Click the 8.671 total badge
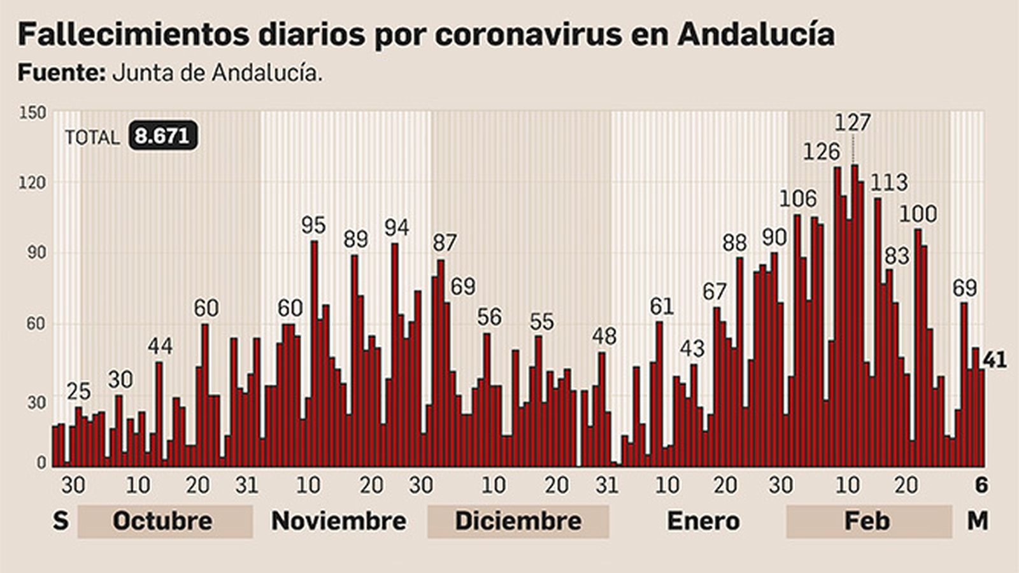pyautogui.click(x=162, y=136)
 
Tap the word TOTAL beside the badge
pyautogui.click(x=92, y=138)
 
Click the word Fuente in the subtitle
pyautogui.click(x=61, y=73)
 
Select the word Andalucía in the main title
pyautogui.click(x=756, y=34)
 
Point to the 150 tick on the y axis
pyautogui.click(x=32, y=113)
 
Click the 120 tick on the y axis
pyautogui.click(x=32, y=183)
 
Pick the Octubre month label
pyautogui.click(x=162, y=521)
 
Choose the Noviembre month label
pyautogui.click(x=339, y=521)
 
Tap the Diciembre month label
pyautogui.click(x=518, y=521)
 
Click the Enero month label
pyautogui.click(x=703, y=521)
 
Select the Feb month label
pyautogui.click(x=867, y=521)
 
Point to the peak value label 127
pyautogui.click(x=852, y=122)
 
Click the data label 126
pyautogui.click(x=822, y=152)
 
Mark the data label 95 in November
pyautogui.click(x=313, y=225)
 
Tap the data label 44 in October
pyautogui.click(x=160, y=346)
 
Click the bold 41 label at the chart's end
pyautogui.click(x=995, y=360)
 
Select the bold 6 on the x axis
pyautogui.click(x=981, y=485)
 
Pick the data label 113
pyautogui.click(x=889, y=183)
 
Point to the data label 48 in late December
pyautogui.click(x=604, y=336)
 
